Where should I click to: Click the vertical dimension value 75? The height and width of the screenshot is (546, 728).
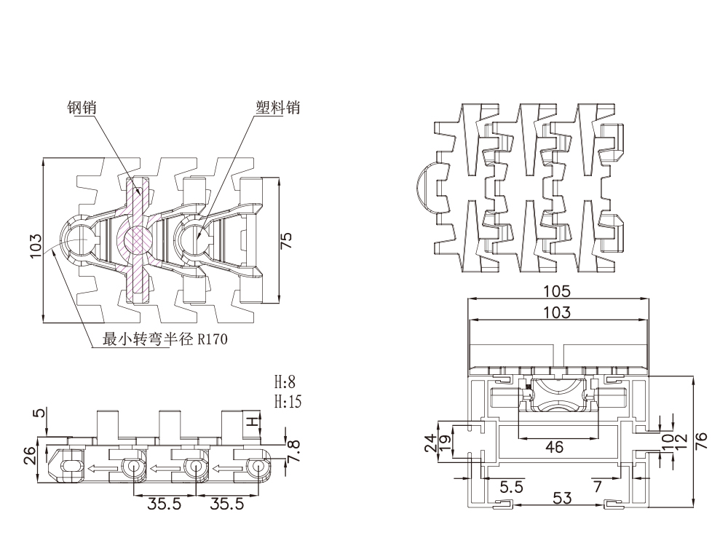287,240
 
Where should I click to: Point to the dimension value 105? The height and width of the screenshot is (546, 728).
557,291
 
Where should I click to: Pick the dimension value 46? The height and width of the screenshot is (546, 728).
554,448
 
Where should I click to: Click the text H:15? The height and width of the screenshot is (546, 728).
287,401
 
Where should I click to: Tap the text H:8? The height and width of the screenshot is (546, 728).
285,381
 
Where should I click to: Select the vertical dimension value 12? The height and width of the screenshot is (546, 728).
681,440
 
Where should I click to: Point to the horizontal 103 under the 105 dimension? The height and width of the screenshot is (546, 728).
557,312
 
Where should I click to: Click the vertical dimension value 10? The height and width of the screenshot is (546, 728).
667,440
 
